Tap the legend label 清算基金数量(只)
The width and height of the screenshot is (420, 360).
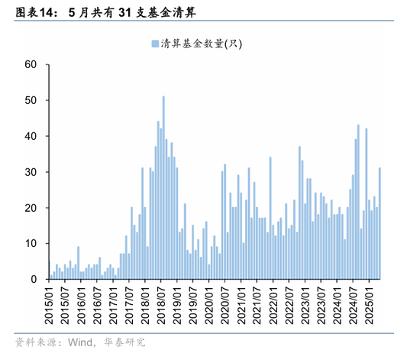[x=201, y=44]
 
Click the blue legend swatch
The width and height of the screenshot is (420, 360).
[x=154, y=44]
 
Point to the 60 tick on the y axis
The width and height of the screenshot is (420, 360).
[x=31, y=64]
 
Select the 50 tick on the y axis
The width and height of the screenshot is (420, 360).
[x=31, y=100]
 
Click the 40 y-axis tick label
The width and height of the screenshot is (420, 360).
[x=31, y=136]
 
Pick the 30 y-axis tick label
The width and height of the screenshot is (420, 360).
[x=31, y=172]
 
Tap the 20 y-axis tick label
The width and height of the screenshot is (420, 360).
[x=31, y=208]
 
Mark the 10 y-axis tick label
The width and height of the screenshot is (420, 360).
[x=31, y=244]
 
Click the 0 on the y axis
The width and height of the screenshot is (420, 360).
[x=34, y=280]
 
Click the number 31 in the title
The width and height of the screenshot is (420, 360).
[x=127, y=12]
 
